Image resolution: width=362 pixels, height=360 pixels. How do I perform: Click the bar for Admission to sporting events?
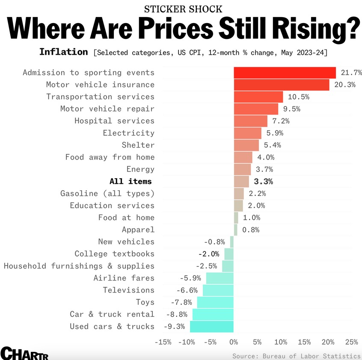point(285,73)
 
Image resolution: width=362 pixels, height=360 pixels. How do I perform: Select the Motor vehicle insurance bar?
point(281,85)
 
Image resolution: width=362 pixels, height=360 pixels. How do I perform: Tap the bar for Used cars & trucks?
point(212,327)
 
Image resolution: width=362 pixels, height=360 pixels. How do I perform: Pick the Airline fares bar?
point(220,278)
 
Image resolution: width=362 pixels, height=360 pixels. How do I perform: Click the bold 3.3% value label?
point(263,182)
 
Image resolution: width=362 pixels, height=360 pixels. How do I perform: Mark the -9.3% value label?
point(174,327)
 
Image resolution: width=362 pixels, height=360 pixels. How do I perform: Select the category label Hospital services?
point(114,121)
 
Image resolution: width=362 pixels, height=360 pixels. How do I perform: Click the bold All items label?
point(131,182)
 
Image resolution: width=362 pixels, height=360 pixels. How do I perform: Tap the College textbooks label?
point(114,254)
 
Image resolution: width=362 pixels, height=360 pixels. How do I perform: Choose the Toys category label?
point(145,302)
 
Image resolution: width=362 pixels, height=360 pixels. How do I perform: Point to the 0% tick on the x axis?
point(234,342)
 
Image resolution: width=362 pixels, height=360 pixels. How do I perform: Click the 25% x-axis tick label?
point(351,342)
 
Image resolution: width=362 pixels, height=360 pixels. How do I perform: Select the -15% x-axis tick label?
point(163,342)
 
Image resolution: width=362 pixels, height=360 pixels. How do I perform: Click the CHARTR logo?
point(24,354)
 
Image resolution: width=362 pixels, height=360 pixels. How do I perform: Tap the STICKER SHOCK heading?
point(183,9)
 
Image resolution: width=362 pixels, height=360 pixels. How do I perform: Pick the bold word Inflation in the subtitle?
point(63,52)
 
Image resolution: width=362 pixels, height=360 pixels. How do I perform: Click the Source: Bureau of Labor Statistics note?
point(297,356)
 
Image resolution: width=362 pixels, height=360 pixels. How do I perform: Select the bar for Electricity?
point(247,133)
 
